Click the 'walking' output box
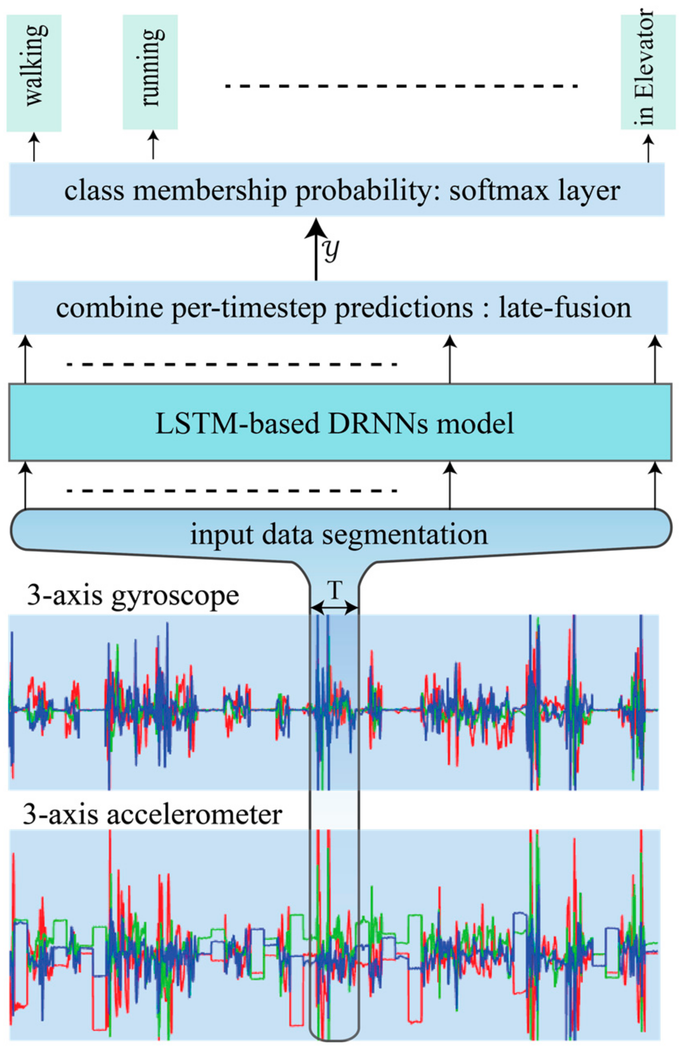pyautogui.click(x=34, y=73)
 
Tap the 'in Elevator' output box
pyautogui.click(x=648, y=72)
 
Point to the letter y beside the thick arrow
pyautogui.click(x=331, y=251)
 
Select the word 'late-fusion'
pyautogui.click(x=565, y=308)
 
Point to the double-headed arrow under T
pyautogui.click(x=334, y=608)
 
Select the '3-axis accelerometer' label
pyautogui.click(x=152, y=814)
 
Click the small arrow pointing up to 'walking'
pyautogui.click(x=34, y=147)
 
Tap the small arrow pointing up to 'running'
pyautogui.click(x=153, y=145)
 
